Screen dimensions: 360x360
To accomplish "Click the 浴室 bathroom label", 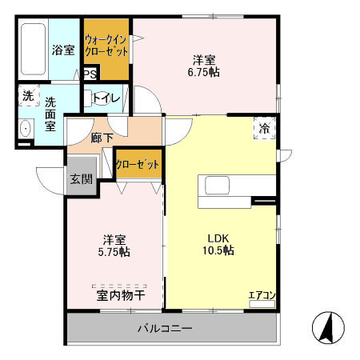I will (64, 50).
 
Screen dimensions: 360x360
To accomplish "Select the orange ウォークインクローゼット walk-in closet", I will (106, 46).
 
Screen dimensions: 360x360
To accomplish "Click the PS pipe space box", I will (90, 74).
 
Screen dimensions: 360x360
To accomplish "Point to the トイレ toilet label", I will (106, 98).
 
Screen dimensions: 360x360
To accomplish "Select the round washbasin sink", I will (24, 128).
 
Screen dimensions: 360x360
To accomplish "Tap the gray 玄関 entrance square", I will (81, 178).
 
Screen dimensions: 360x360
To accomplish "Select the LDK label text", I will (217, 238).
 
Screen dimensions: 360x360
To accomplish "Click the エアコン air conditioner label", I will (262, 295).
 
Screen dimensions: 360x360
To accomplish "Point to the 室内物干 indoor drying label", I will (120, 295).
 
